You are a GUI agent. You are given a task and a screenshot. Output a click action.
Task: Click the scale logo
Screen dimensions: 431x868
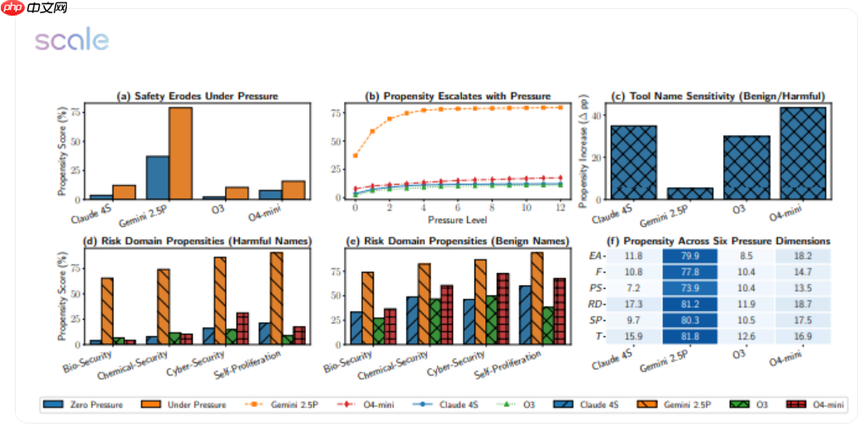[71, 41]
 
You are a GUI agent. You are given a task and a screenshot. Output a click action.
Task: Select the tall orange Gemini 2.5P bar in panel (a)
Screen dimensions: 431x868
[180, 154]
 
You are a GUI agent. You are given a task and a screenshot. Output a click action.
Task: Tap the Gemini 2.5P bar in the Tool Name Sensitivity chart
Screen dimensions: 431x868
[690, 193]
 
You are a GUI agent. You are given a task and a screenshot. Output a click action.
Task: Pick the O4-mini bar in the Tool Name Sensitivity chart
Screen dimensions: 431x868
[803, 153]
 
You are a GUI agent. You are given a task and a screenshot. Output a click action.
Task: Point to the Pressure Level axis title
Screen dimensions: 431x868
[457, 220]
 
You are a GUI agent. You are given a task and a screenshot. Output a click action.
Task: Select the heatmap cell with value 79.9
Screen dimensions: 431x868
[690, 257]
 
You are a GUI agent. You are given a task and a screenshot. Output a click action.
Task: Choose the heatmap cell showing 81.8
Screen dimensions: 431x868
[690, 335]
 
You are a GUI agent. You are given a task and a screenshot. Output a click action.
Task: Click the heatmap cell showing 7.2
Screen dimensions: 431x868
[634, 288]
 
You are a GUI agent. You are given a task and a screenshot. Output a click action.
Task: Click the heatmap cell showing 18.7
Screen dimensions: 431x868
[803, 304]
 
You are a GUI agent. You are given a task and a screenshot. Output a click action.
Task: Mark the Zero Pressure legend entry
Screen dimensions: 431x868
[84, 405]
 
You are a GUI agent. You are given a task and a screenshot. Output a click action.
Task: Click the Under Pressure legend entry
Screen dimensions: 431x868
[190, 405]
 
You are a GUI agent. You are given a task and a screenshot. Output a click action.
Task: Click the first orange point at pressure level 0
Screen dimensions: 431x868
[355, 155]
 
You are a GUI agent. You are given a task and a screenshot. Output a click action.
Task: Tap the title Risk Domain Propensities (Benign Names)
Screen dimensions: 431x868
[458, 241]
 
